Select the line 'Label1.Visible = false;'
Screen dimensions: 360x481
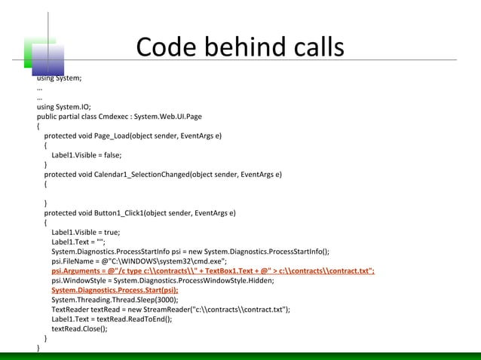point(86,156)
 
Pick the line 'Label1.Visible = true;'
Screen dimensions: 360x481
point(85,233)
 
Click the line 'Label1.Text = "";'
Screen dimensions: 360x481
point(78,243)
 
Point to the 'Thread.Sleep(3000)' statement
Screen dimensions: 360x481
point(140,300)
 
